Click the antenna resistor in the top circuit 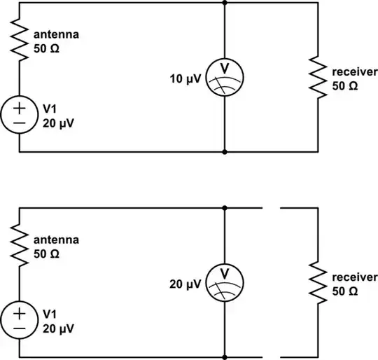click(19, 41)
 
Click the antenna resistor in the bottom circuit click(19, 246)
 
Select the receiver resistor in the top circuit click(318, 79)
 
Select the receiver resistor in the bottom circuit click(318, 282)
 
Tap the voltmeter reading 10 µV click(224, 78)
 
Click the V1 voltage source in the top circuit click(19, 116)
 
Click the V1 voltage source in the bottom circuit click(19, 320)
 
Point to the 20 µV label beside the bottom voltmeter click(184, 284)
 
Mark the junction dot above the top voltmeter click(224, 3)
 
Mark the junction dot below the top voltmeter click(224, 151)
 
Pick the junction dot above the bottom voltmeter click(224, 207)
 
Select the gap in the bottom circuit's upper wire click(271, 207)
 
